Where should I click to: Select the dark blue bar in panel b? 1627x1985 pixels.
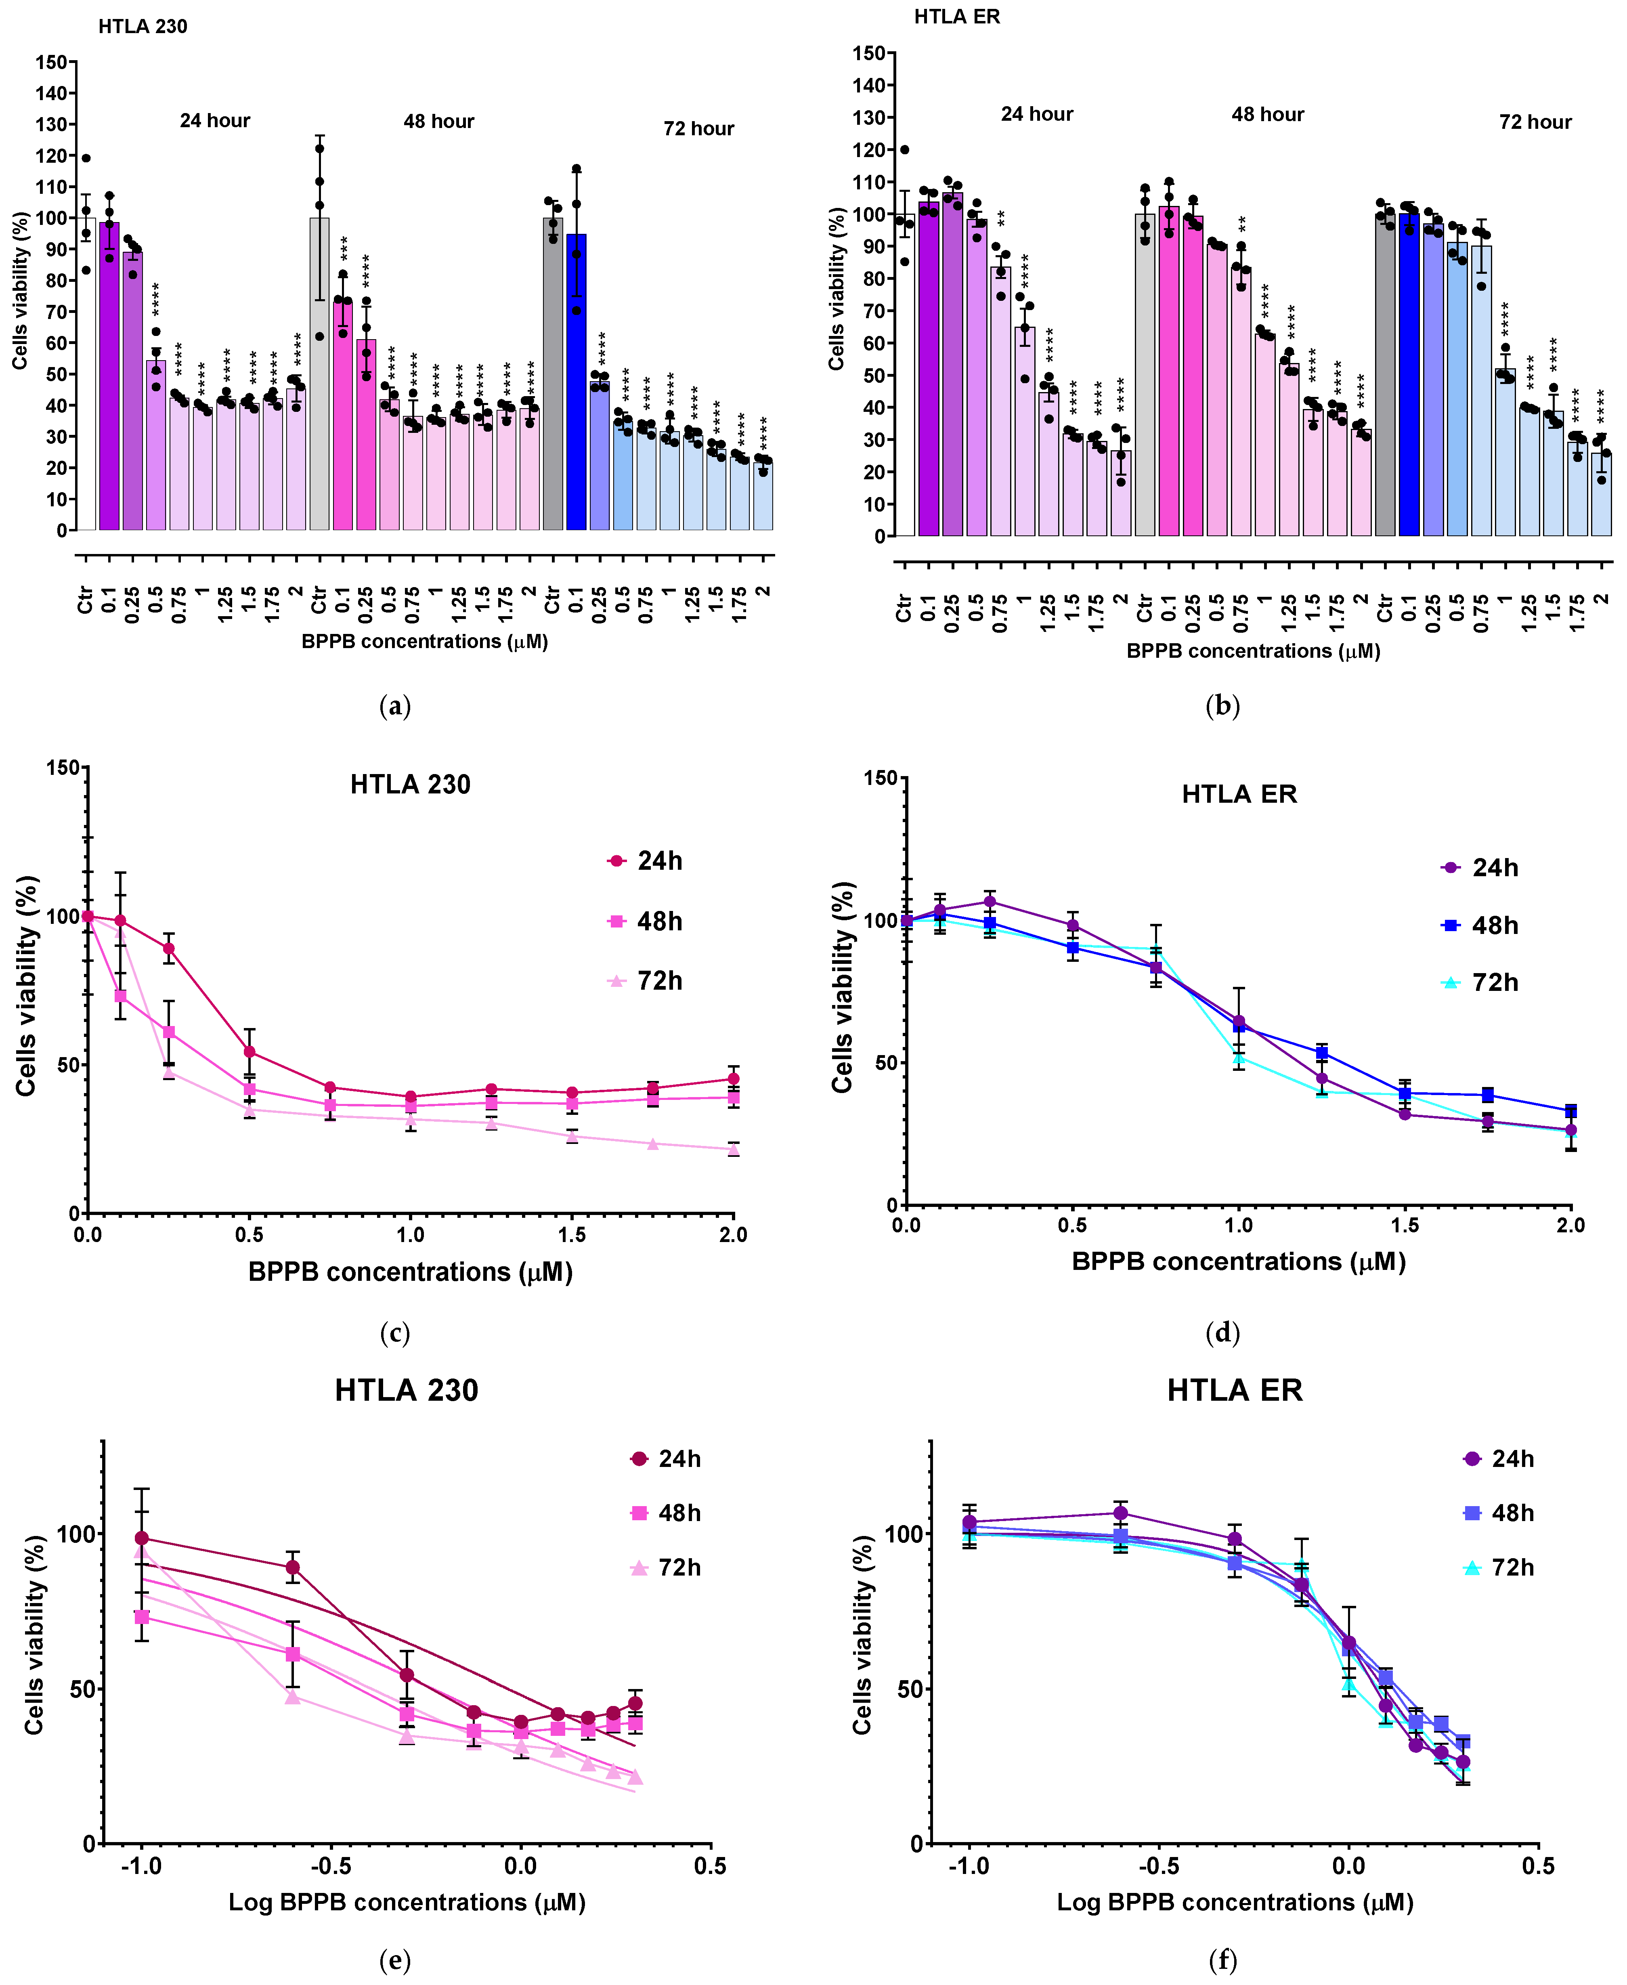[x=1409, y=375]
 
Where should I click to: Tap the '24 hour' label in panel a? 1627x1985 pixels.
[x=215, y=121]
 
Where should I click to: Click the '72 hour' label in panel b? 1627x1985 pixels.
[x=1535, y=123]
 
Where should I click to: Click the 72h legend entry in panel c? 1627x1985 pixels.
[x=647, y=981]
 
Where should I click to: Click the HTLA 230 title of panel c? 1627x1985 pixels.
[x=411, y=785]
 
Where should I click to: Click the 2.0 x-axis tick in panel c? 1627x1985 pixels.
[x=733, y=1235]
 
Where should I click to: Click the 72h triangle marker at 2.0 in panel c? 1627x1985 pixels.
[x=733, y=1149]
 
